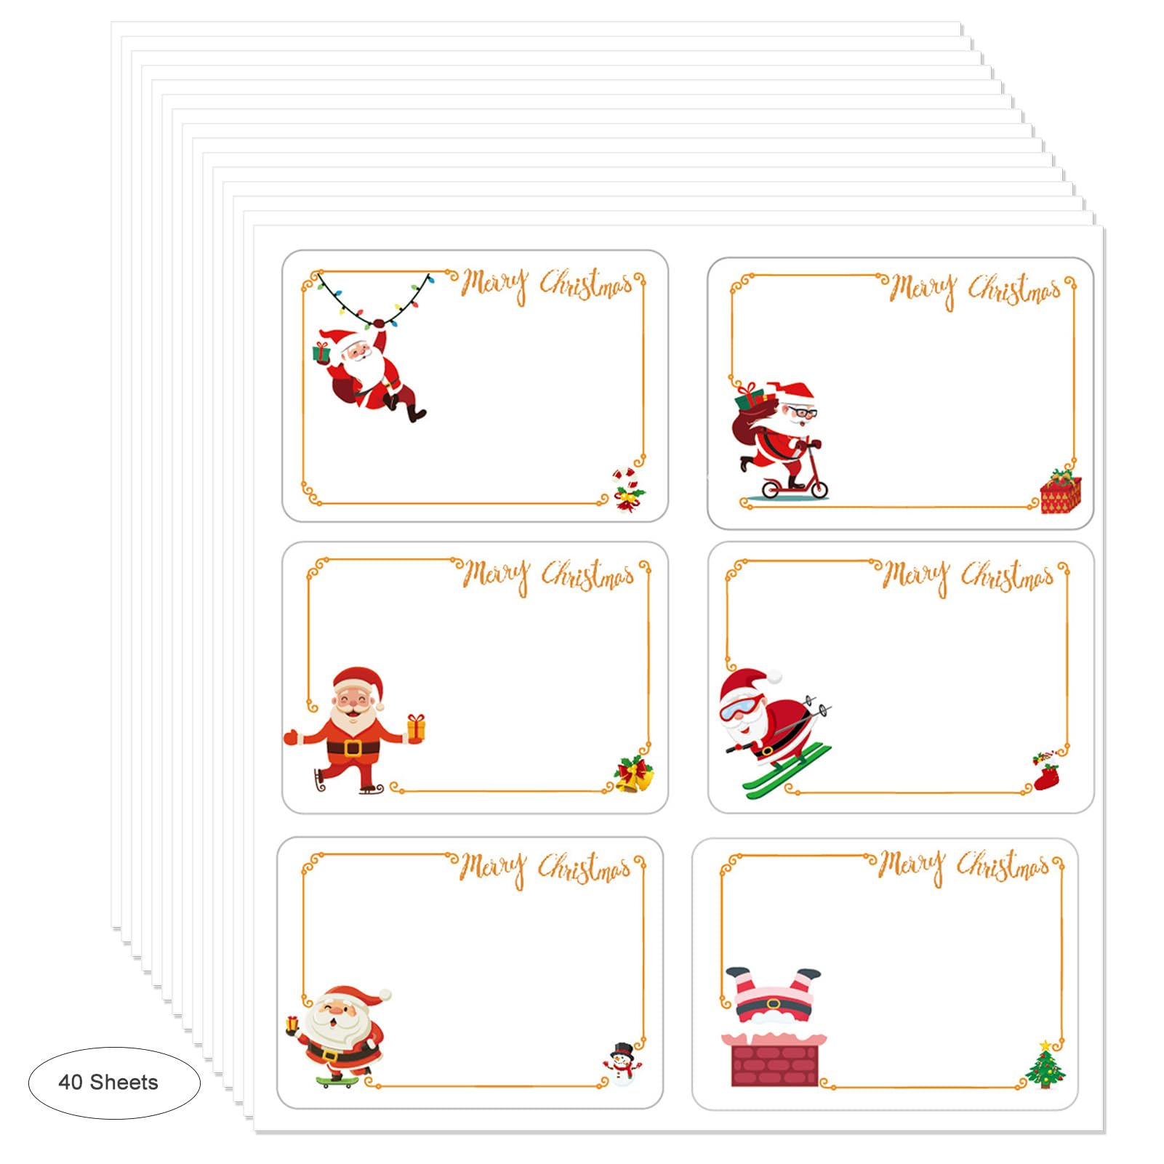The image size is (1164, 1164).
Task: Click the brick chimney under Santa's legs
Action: pyautogui.click(x=774, y=1060)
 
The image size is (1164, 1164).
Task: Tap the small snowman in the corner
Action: pyautogui.click(x=622, y=1064)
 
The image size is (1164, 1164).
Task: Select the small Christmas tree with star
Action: pyautogui.click(x=1045, y=1066)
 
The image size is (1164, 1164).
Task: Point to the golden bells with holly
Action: pyautogui.click(x=634, y=774)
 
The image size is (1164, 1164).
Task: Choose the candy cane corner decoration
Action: pyautogui.click(x=626, y=489)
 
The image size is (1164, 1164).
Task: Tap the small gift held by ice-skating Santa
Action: pyautogui.click(x=416, y=727)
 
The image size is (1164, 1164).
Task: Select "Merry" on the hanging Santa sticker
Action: pyautogui.click(x=494, y=284)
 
